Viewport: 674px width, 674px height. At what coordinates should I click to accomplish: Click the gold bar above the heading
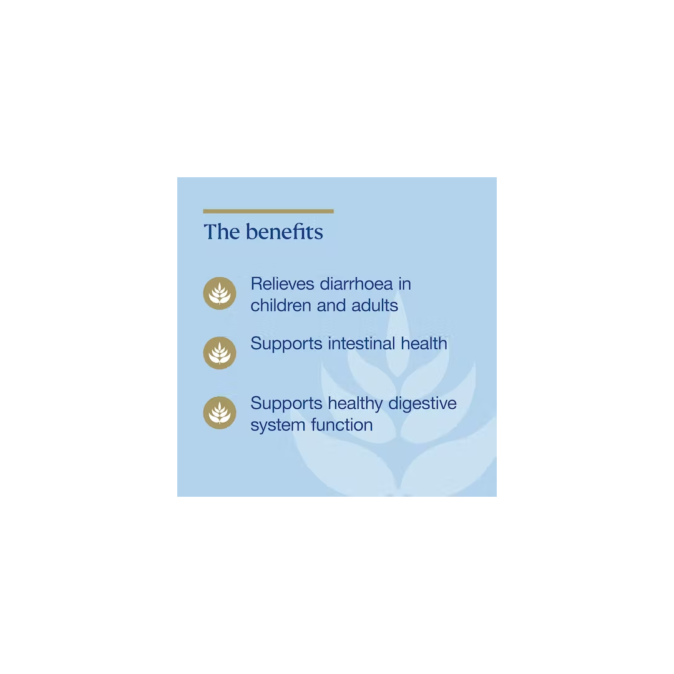coord(268,212)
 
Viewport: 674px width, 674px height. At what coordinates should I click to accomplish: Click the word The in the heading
coord(222,232)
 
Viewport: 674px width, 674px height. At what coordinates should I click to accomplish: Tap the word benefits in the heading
coord(284,232)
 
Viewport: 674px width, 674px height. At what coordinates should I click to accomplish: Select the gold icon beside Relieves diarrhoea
coord(220,293)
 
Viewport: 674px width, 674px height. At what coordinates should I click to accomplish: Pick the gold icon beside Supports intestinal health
coord(220,353)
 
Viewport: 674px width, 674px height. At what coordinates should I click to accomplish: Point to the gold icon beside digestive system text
coord(220,413)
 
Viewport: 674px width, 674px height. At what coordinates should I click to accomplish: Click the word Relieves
coord(282,284)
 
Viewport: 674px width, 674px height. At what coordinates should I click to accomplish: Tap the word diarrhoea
coord(356,284)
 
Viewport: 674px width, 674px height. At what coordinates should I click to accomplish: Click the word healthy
coord(355,403)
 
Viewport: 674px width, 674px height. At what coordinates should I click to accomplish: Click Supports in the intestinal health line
coord(286,344)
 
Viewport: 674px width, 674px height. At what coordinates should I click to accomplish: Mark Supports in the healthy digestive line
coord(286,404)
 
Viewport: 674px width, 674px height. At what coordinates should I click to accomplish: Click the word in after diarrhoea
coord(404,284)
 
